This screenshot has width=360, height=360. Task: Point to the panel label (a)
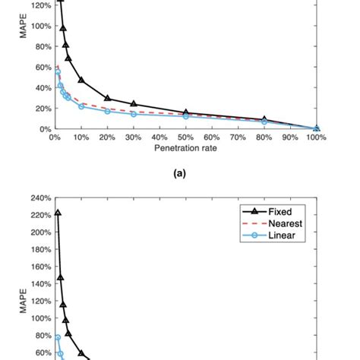click(x=179, y=173)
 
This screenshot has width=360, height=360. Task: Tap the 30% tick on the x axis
click(x=133, y=138)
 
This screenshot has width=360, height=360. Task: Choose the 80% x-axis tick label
click(x=264, y=138)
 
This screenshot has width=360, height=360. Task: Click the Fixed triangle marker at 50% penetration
click(x=186, y=112)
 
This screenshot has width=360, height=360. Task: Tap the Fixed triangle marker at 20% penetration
click(x=107, y=98)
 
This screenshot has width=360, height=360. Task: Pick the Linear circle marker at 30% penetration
click(x=134, y=114)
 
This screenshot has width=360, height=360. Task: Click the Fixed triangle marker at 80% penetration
click(x=264, y=119)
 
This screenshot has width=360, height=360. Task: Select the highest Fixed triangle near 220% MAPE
click(x=58, y=213)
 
